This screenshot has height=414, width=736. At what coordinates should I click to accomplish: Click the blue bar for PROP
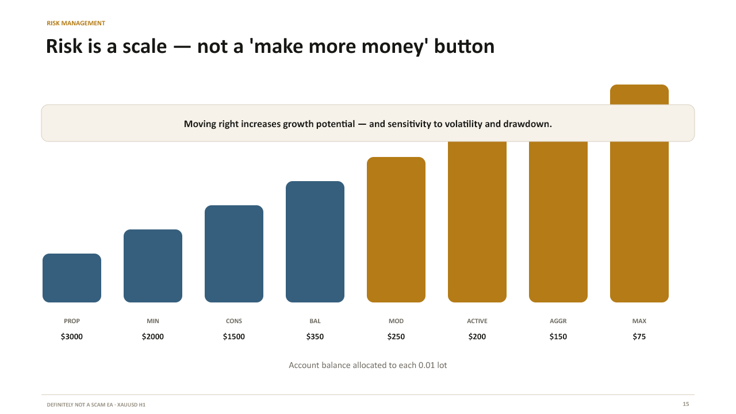tap(72, 278)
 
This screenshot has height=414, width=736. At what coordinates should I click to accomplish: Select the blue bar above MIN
tap(153, 266)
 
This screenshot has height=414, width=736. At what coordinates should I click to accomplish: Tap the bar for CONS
tap(234, 254)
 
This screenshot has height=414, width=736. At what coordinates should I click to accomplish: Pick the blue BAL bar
tap(315, 241)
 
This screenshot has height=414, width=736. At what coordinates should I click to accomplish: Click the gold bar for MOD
tap(396, 229)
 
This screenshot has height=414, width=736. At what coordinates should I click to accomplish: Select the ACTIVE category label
tap(477, 321)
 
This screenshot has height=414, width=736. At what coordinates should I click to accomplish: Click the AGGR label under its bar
tap(558, 321)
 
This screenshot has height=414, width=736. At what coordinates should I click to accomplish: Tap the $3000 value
tap(72, 336)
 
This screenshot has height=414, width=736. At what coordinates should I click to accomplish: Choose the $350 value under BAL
tap(315, 336)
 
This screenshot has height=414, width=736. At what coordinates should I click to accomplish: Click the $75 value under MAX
tap(639, 336)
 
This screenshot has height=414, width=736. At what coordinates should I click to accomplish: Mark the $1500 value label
tap(234, 336)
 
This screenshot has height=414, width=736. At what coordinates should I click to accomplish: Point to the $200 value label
tap(477, 336)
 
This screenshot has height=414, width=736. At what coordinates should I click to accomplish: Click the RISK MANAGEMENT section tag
tap(76, 23)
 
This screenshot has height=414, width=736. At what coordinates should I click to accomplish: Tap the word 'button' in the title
tap(464, 46)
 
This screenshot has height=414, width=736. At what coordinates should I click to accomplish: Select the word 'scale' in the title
tap(144, 47)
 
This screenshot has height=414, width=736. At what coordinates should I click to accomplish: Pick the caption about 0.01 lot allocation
tap(367, 365)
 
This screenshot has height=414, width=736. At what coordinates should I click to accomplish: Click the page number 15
tap(686, 404)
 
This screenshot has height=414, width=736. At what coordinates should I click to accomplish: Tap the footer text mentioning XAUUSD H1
tap(96, 404)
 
